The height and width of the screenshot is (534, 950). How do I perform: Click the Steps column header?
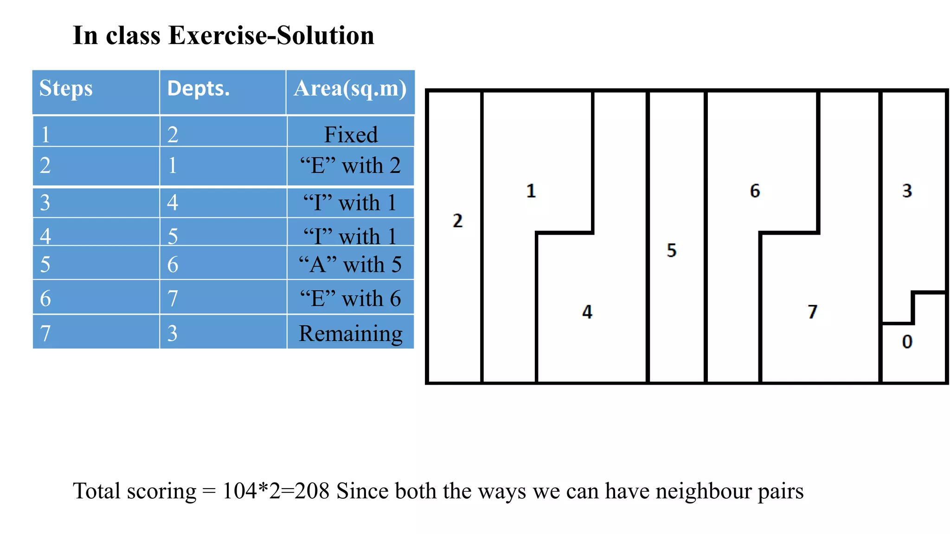point(66,88)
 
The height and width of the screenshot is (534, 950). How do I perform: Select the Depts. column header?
point(198,88)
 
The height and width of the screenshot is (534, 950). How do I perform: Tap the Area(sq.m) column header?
point(350,88)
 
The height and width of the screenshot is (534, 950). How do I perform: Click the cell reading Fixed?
point(351,134)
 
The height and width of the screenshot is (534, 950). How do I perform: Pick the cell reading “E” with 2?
point(350,165)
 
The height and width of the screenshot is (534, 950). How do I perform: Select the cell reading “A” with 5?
point(350,264)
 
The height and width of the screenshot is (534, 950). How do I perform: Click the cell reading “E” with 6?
point(350,298)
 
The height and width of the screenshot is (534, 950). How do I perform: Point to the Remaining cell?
point(350,333)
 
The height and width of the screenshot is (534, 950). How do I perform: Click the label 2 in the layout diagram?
point(457,221)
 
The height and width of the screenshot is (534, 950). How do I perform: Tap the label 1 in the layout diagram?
point(531,191)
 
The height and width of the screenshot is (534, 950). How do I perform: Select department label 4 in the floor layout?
point(587,311)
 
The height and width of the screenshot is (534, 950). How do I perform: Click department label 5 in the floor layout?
point(671,250)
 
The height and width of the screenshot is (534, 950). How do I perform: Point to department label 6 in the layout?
point(755,191)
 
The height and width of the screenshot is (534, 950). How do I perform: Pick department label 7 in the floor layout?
point(812,311)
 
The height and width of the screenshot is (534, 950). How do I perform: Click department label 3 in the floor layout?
point(907,191)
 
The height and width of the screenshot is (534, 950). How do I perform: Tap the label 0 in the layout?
point(907,342)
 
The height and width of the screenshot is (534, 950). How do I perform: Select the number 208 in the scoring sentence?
point(312,491)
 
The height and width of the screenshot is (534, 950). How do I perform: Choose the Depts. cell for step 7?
point(173,333)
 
